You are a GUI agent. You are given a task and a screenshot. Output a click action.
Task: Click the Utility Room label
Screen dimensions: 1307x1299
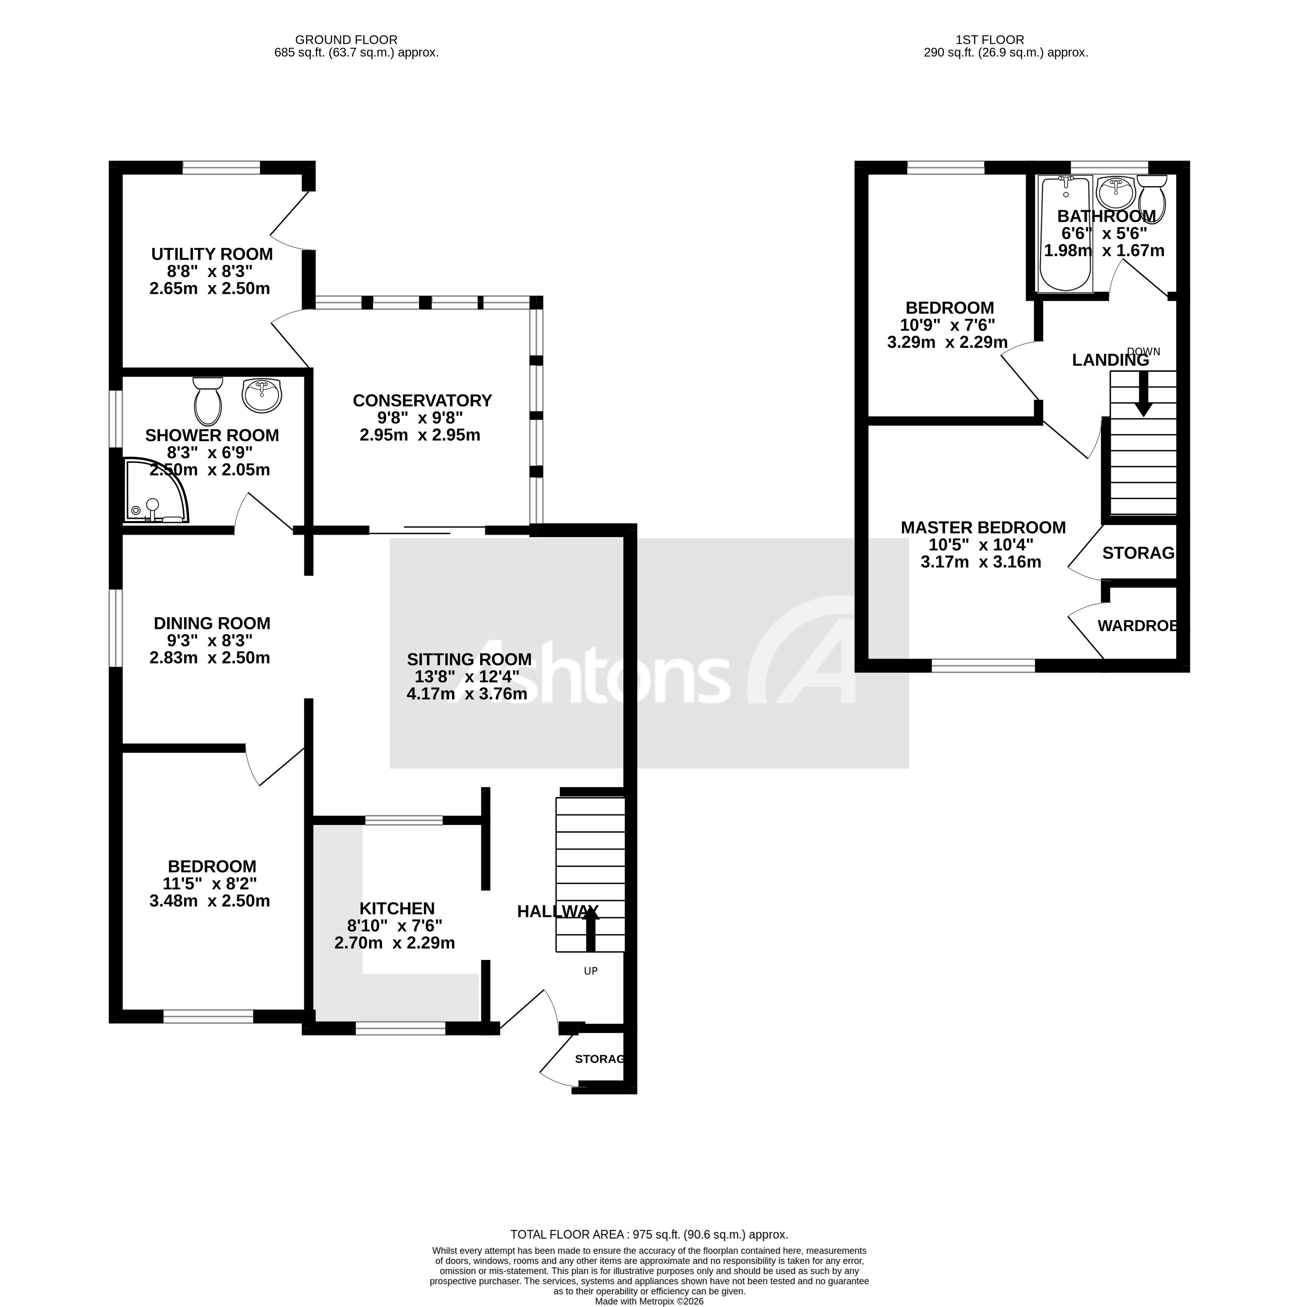pos(212,254)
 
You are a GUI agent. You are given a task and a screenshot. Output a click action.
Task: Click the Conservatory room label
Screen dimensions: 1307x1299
pos(422,400)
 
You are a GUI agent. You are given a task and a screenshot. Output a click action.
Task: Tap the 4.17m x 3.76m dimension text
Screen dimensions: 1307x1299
pos(467,693)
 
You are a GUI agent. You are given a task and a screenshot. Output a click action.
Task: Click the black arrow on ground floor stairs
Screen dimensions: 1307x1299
pos(591,930)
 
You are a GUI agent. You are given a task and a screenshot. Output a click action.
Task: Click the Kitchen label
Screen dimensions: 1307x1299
pos(396,908)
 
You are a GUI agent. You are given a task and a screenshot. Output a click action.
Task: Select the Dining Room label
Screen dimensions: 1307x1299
pos(212,623)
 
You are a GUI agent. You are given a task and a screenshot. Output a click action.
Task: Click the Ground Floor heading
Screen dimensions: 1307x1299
pos(346,40)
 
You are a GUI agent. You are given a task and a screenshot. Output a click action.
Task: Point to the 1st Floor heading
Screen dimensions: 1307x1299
pos(990,40)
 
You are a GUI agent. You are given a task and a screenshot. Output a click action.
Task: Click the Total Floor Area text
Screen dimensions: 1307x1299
pos(649,1235)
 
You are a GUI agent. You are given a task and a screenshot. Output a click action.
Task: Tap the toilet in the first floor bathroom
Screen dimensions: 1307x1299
pos(1152,198)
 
